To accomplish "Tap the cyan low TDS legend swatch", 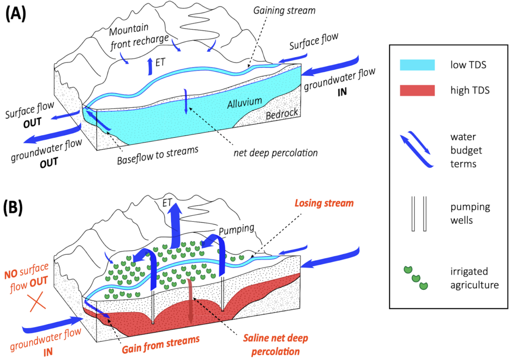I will (x=418, y=65).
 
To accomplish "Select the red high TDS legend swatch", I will (x=418, y=90).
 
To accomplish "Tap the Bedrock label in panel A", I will (x=282, y=113).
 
